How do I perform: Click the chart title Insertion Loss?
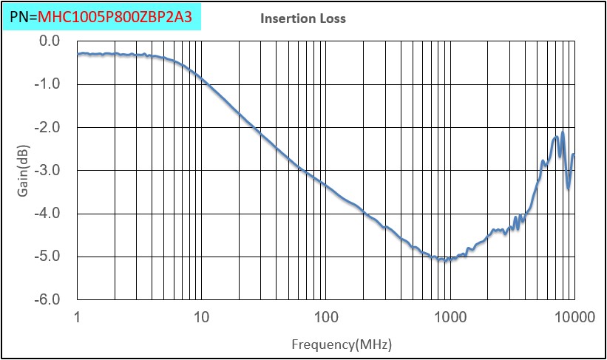pyautogui.click(x=302, y=18)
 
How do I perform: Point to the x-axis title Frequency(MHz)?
pyautogui.click(x=341, y=344)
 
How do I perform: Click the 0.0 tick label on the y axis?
pyautogui.click(x=48, y=41)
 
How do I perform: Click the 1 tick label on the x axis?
pyautogui.click(x=78, y=319)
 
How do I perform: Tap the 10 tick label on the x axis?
pyautogui.click(x=201, y=319)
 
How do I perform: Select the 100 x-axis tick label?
pyautogui.click(x=325, y=319)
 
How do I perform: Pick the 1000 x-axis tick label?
pyautogui.click(x=450, y=319)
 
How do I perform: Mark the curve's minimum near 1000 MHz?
pyautogui.click(x=444, y=259)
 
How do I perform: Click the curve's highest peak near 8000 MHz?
pyautogui.click(x=563, y=133)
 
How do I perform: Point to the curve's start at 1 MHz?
pyautogui.click(x=78, y=53)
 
